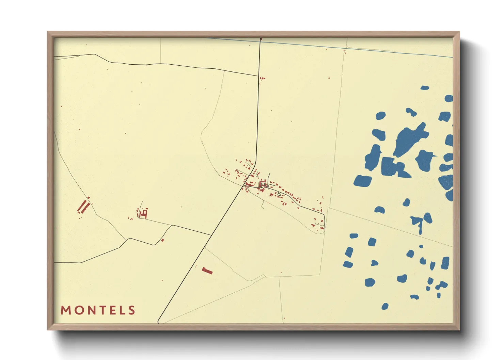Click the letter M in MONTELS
coord(65,310)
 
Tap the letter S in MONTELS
coord(132,310)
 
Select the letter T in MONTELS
coord(100,310)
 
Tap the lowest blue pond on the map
coord(385,307)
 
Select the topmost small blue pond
coord(425,88)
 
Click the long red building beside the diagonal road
coord(207,271)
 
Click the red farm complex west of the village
coord(143,214)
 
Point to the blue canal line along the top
coord(341,47)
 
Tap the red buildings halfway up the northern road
coord(262,78)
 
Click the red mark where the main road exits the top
coord(261,39)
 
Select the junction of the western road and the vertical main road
coord(259,76)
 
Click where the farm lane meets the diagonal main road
coord(211,235)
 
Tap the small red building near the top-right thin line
coord(345,52)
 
